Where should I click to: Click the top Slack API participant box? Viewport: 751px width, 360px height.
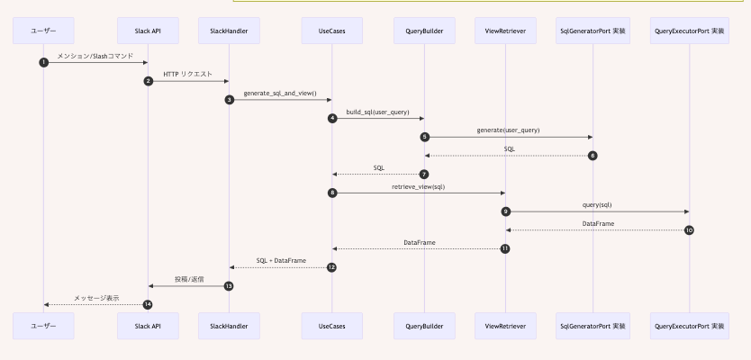pos(148,31)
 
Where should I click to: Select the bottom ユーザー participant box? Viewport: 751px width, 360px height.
pos(43,326)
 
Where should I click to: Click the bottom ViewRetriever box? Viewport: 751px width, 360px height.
pos(505,326)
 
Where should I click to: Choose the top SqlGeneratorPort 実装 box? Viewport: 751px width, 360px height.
pos(593,31)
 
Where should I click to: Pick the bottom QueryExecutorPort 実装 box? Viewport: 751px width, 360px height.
pos(689,326)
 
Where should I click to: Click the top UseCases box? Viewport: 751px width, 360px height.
pos(332,31)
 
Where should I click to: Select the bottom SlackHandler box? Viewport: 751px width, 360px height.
pos(229,326)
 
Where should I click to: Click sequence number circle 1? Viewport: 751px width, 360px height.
pos(43,62)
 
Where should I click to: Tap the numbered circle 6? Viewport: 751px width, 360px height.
pos(593,156)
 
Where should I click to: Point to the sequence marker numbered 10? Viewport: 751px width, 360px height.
pos(689,229)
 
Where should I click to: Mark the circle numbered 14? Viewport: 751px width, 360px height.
pos(148,304)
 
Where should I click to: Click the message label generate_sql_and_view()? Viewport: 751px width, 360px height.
pos(280,93)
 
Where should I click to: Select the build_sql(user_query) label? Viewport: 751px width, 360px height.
pos(377,112)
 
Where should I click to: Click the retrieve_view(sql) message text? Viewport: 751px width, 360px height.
pos(418,186)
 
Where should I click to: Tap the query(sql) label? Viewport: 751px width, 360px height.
pos(597,204)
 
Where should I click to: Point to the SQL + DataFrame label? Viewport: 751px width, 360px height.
pos(281,260)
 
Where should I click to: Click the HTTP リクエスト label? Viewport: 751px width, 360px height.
pos(188,74)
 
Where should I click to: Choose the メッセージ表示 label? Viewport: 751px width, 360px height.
pos(95,297)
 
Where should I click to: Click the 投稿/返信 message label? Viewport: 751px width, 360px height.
pos(188,279)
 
